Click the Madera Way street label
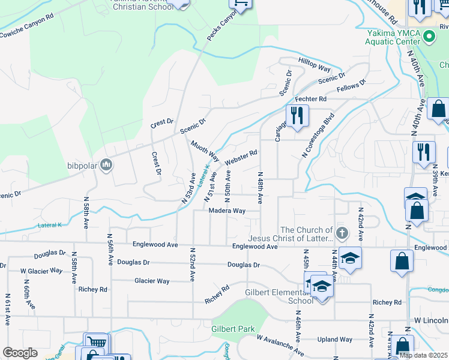pos(227,211)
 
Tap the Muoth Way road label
pos(205,148)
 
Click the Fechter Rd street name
pos(310,98)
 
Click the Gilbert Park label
pos(233,329)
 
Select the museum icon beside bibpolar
pos(106,164)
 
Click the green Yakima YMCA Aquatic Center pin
pos(428,37)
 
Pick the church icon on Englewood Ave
pos(342,232)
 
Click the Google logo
pos(20,353)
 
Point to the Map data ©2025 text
pos(423,355)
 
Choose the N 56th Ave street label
pos(110,250)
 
